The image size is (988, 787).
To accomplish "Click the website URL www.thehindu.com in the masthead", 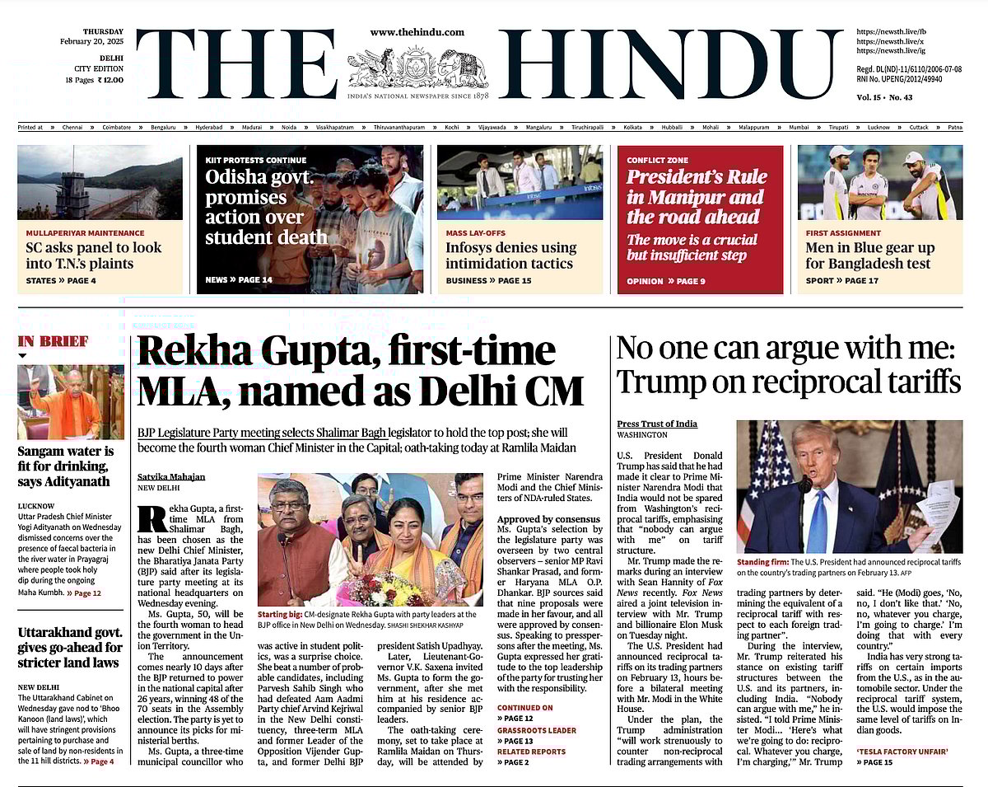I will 417,32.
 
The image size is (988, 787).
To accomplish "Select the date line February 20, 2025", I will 90,41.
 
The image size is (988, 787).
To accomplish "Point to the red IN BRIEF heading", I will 53,341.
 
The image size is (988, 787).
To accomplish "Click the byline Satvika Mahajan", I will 172,477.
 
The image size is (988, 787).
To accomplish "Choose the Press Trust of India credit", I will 657,424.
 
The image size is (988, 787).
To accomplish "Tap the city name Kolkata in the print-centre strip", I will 632,128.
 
